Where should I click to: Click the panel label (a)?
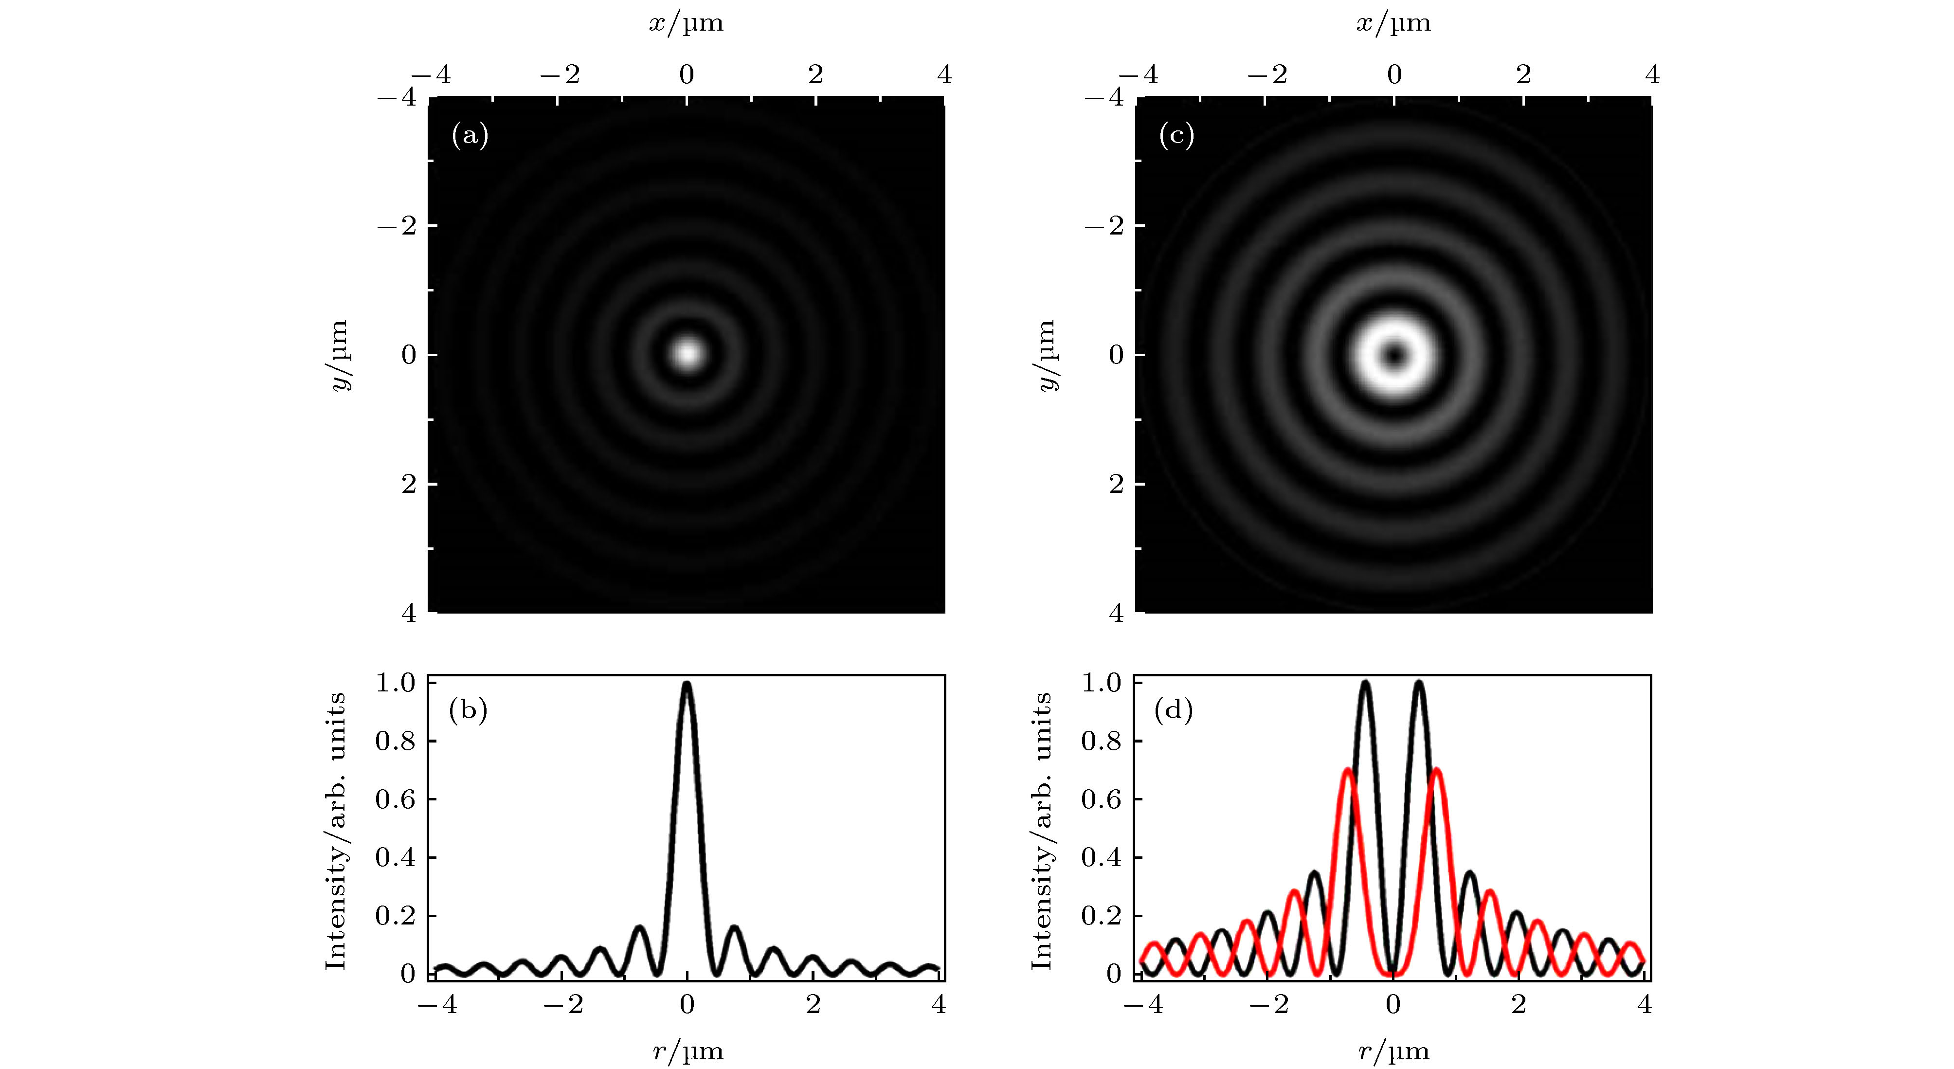(x=470, y=136)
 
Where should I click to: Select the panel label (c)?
(x=1176, y=136)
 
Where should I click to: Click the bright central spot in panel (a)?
(x=687, y=354)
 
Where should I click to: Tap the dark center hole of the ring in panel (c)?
(x=1394, y=354)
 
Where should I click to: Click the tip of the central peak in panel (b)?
(x=687, y=684)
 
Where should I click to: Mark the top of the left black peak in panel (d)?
(x=1365, y=683)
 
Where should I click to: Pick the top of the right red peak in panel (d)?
(x=1436, y=771)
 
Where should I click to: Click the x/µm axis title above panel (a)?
(x=687, y=23)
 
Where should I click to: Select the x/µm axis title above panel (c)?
(x=1393, y=23)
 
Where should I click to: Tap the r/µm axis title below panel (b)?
(x=687, y=1051)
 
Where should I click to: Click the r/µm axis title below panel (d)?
(x=1393, y=1051)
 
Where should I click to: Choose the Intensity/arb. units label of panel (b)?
(x=335, y=830)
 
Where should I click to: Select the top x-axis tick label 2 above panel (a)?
(x=815, y=74)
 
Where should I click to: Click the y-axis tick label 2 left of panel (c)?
(x=1116, y=483)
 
